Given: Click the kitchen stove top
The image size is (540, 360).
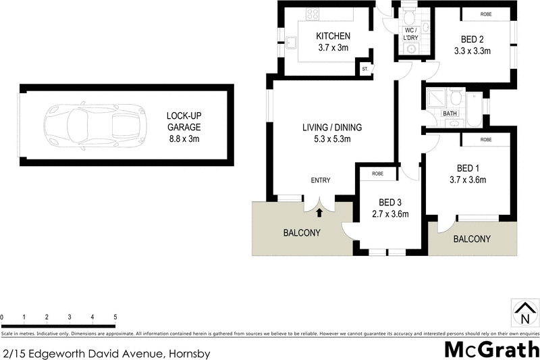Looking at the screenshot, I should pyautogui.click(x=313, y=14).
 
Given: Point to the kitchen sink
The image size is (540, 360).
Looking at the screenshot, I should pyautogui.click(x=293, y=44).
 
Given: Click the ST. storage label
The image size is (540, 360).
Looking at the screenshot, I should pyautogui.click(x=366, y=69).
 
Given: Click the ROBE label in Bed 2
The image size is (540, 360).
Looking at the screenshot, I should pyautogui.click(x=485, y=14).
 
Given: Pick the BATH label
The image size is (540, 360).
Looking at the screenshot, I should pyautogui.click(x=450, y=114).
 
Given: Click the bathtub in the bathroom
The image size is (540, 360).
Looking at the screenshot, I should pyautogui.click(x=474, y=109).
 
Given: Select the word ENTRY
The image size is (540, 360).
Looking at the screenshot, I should pyautogui.click(x=321, y=180).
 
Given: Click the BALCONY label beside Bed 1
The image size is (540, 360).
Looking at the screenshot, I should pyautogui.click(x=472, y=239).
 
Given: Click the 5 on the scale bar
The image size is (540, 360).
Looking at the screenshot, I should pyautogui.click(x=115, y=317).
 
